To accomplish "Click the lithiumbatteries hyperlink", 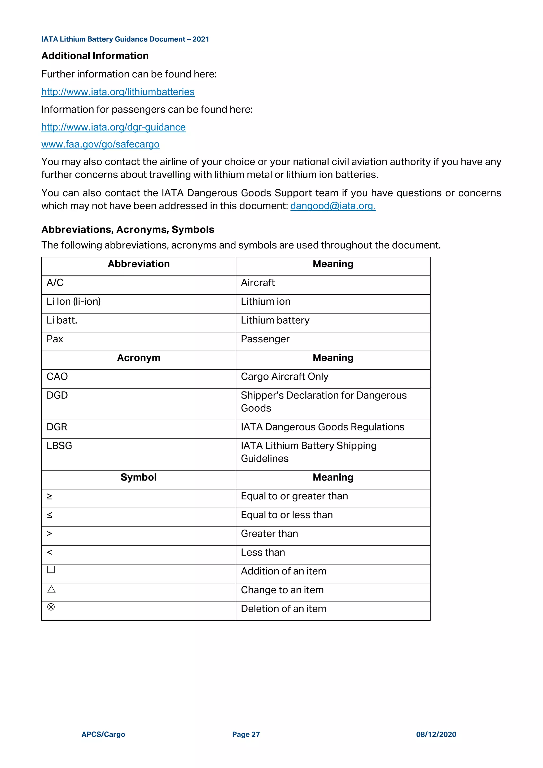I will (118, 92).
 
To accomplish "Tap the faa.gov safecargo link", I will (100, 145).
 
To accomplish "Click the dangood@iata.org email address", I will (333, 206).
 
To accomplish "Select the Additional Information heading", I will (95, 56).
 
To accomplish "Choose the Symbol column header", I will (138, 477).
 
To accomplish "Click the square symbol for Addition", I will (51, 569).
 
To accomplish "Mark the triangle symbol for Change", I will (51, 589).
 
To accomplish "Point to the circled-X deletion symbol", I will (51, 607).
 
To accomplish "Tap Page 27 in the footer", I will (246, 735).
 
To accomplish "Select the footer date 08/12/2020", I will (436, 735).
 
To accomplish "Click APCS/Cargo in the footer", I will (103, 735).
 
